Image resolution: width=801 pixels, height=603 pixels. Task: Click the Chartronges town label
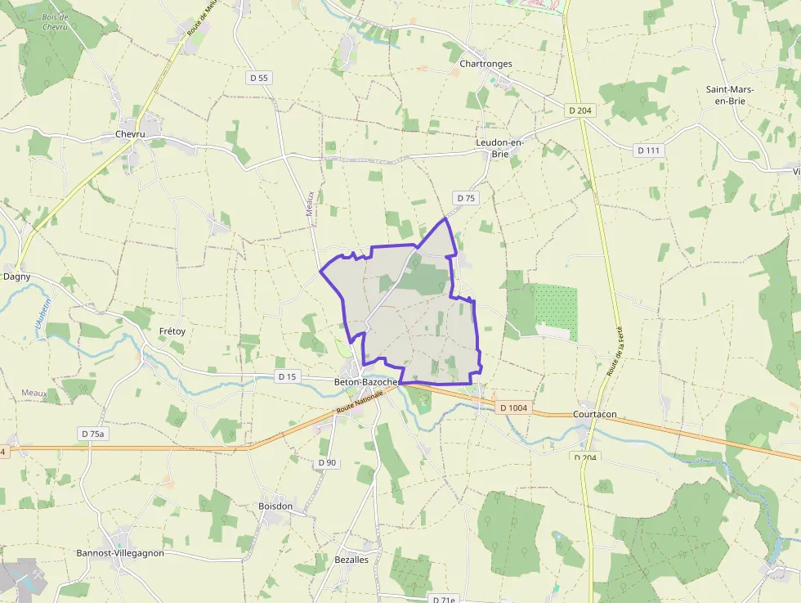[x=486, y=63]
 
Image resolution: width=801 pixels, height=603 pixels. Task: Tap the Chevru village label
[x=130, y=134]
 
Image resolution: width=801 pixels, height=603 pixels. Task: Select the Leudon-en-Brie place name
[x=499, y=147]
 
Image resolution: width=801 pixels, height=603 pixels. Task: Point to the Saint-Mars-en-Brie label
[x=731, y=95]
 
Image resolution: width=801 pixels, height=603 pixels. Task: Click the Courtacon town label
[x=595, y=414]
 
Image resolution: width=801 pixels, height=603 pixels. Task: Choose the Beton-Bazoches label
[x=366, y=382]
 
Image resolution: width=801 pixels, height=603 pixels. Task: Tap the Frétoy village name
[x=172, y=331]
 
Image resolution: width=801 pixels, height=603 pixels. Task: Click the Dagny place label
[x=17, y=277]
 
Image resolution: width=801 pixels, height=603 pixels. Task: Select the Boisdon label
[x=275, y=506]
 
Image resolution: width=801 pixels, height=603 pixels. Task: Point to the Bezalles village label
[x=351, y=560]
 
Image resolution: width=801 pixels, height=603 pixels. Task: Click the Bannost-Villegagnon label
[x=120, y=553]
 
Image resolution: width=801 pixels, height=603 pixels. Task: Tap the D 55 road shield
[x=258, y=78]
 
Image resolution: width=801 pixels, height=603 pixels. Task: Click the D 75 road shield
[x=466, y=198]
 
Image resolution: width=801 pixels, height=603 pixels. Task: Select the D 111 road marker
[x=650, y=151]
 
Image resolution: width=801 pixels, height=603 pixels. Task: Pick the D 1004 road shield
[x=512, y=407]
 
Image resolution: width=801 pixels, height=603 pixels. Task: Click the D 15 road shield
[x=287, y=376]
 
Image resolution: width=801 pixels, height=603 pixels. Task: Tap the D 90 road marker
[x=326, y=463]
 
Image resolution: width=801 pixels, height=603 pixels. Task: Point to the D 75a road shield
[x=93, y=433]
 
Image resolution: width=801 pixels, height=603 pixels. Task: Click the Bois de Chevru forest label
[x=56, y=22]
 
